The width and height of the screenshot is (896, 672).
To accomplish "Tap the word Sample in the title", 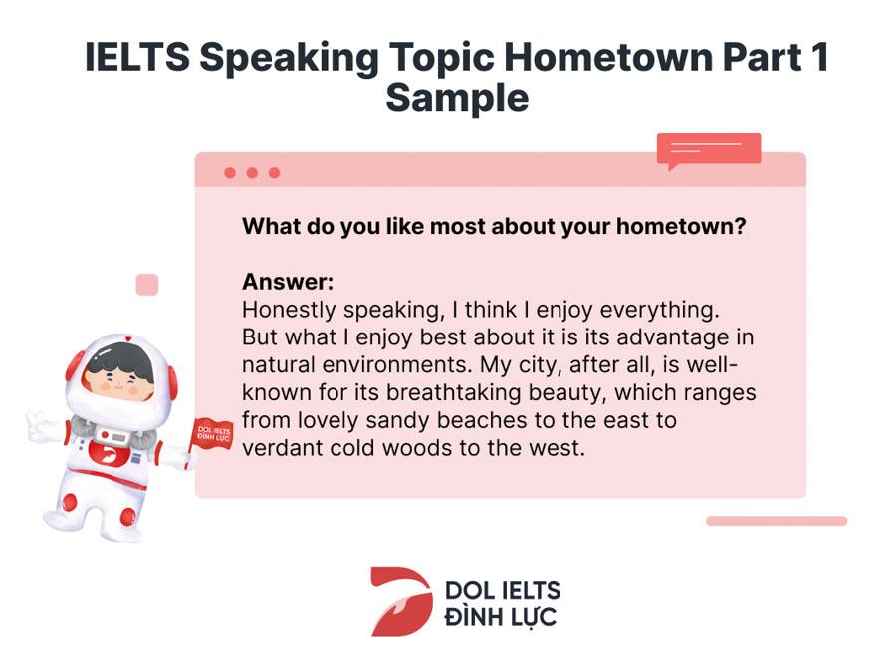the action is click(x=457, y=99).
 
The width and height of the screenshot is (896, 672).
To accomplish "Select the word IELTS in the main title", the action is click(x=137, y=57).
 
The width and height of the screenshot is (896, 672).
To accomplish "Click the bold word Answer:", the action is click(x=288, y=282).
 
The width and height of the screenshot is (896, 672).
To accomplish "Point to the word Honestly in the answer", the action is click(x=289, y=311).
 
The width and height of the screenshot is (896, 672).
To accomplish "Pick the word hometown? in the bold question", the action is click(x=681, y=226).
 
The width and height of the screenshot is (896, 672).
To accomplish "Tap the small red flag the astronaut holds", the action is click(x=213, y=434).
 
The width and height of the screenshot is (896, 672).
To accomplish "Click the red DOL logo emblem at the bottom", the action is click(x=400, y=601).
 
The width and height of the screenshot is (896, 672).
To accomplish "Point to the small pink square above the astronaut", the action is click(x=147, y=285).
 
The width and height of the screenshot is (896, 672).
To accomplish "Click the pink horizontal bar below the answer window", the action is click(x=777, y=521).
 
